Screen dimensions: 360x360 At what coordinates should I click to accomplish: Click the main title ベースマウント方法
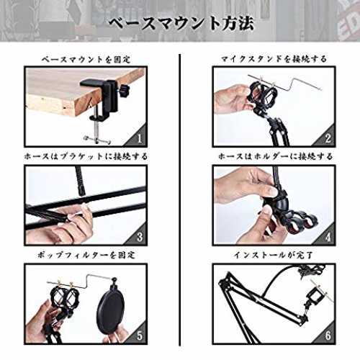coord(181,23)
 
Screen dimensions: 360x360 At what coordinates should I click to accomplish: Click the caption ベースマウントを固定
coord(86,59)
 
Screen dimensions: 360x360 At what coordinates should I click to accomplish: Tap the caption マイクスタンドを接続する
coord(274,59)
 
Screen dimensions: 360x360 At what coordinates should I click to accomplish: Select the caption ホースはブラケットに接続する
coord(86,156)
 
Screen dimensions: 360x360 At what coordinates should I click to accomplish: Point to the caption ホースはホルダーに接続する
coord(275,156)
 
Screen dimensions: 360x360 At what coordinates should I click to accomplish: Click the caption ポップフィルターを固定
coord(86,255)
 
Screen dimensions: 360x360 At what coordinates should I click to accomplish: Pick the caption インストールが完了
coord(274,255)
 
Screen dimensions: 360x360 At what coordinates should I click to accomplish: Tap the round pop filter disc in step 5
coord(111,310)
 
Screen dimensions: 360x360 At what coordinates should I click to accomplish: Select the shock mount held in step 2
coord(262,94)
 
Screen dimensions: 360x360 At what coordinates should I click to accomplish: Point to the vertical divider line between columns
coord(180,200)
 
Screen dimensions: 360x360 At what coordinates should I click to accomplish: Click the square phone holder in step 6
coord(315,297)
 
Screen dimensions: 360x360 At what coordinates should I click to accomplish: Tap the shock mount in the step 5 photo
coord(63,300)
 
